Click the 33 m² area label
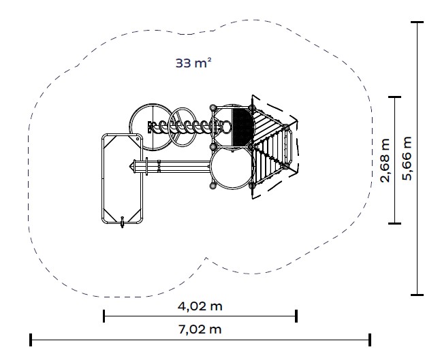pos(193,63)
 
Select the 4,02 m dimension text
pos(200,306)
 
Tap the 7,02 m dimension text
pos(200,329)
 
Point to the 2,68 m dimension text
pos(385,160)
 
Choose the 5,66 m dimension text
pos(407,158)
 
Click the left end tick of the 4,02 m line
pos(104,316)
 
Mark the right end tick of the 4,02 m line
pos(296,316)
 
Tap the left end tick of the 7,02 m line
pos(31,340)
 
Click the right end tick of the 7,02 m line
pos(370,340)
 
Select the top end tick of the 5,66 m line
pos(418,22)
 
